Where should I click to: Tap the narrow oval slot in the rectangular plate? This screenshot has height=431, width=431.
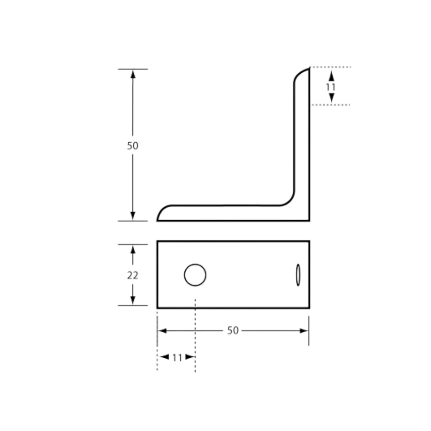tap(298, 275)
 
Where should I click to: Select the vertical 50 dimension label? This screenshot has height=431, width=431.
tap(133, 146)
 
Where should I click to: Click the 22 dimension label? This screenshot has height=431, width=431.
tap(133, 275)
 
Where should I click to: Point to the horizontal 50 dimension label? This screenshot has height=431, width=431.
tap(233, 331)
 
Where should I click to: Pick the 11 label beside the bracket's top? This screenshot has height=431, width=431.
tap(331, 87)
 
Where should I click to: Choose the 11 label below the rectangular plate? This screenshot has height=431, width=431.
tap(177, 358)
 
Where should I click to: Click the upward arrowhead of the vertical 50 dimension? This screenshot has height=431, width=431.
tap(133, 75)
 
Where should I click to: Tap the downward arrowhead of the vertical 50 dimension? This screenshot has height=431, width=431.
tap(133, 216)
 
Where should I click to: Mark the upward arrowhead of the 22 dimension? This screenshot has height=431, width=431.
tap(133, 250)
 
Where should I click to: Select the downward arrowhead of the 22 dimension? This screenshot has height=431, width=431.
tap(133, 300)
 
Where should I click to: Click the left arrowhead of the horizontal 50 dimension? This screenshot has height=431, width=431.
tap(163, 331)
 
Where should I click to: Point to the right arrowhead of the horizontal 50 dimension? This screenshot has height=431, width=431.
tap(304, 331)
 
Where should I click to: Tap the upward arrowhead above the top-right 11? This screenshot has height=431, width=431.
tap(331, 76)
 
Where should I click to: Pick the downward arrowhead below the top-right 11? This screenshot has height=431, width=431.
tap(331, 98)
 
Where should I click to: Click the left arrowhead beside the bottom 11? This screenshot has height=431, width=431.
tap(164, 357)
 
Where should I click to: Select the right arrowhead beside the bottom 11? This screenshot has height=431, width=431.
tap(190, 357)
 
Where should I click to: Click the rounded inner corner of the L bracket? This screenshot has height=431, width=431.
tap(290, 201)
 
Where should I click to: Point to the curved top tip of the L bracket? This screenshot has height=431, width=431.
tap(300, 72)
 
